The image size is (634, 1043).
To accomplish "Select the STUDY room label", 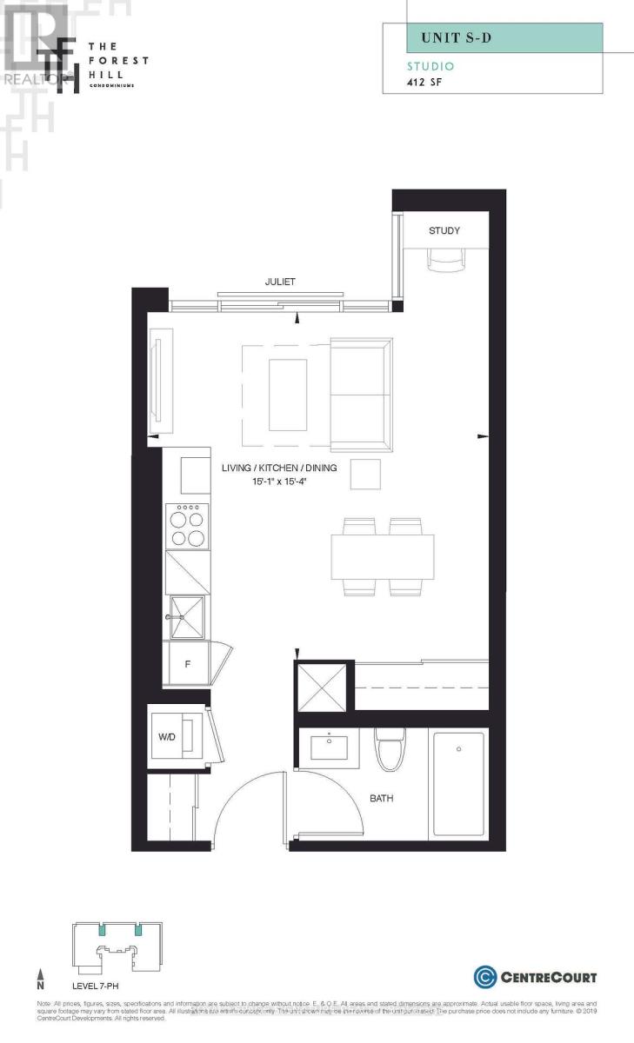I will coord(444,230).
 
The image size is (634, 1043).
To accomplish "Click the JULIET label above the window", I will coord(281,281).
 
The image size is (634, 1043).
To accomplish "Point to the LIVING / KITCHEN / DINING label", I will coord(278,468).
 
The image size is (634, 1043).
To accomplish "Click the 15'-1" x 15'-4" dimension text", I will coord(278,481).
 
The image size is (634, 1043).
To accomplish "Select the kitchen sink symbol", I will coord(187,615).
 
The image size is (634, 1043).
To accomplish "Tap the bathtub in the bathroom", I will coord(458,783).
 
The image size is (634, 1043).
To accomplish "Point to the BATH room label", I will coord(381,798).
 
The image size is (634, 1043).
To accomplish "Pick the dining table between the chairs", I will coord(383,556).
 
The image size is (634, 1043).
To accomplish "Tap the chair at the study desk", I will coord(444,258).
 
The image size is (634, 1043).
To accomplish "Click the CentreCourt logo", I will coord(535,977).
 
